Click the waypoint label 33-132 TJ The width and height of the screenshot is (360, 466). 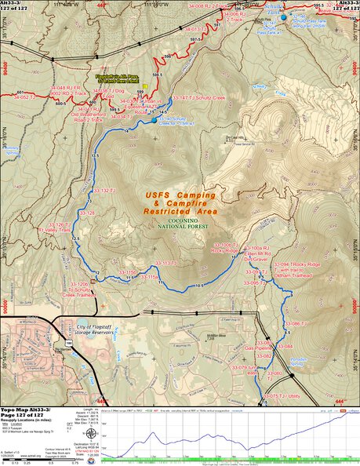[104, 191]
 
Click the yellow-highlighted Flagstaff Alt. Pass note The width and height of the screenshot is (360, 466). [118, 78]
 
